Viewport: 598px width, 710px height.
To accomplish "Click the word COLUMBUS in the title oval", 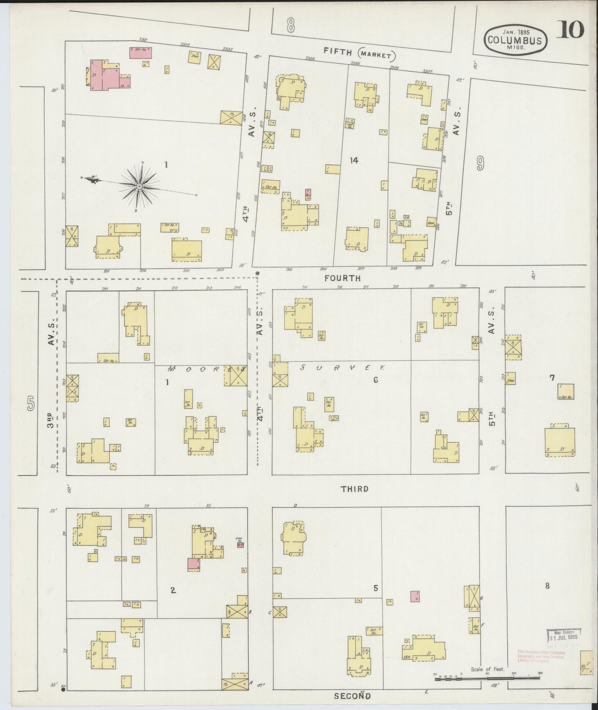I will [x=515, y=40].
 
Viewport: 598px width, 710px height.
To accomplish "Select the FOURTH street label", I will [x=342, y=278].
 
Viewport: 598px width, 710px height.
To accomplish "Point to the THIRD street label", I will [x=355, y=489].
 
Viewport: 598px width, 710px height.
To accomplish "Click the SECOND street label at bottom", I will [x=352, y=696].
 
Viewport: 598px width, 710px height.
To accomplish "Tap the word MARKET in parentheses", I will [x=377, y=54].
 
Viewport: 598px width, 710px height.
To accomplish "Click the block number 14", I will [x=353, y=160].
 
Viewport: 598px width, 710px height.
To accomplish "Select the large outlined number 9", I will [x=480, y=164].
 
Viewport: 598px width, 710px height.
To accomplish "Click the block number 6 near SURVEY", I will [x=376, y=379].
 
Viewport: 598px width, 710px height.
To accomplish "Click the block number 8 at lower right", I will [x=548, y=586].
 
